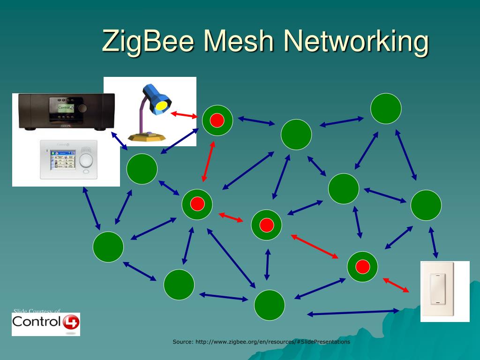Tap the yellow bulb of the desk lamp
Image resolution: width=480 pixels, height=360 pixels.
tap(162, 105)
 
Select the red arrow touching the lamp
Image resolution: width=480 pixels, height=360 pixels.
tap(184, 114)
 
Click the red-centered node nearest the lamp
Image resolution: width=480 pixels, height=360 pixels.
tap(217, 120)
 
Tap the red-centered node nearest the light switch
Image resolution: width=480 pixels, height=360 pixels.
tap(362, 267)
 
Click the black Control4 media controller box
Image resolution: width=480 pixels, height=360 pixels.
tap(66, 111)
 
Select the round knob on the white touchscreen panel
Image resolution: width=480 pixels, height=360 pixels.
tap(86, 160)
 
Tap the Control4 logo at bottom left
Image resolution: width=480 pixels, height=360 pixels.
tap(46, 322)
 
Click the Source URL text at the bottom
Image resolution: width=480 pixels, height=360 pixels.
tap(261, 342)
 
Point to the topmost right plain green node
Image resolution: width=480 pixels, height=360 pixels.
tap(386, 109)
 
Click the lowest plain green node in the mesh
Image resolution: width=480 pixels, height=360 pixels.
tap(270, 305)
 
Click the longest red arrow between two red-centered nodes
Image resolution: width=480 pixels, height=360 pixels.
tap(315, 246)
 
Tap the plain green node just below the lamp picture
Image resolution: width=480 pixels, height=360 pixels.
tap(142, 169)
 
